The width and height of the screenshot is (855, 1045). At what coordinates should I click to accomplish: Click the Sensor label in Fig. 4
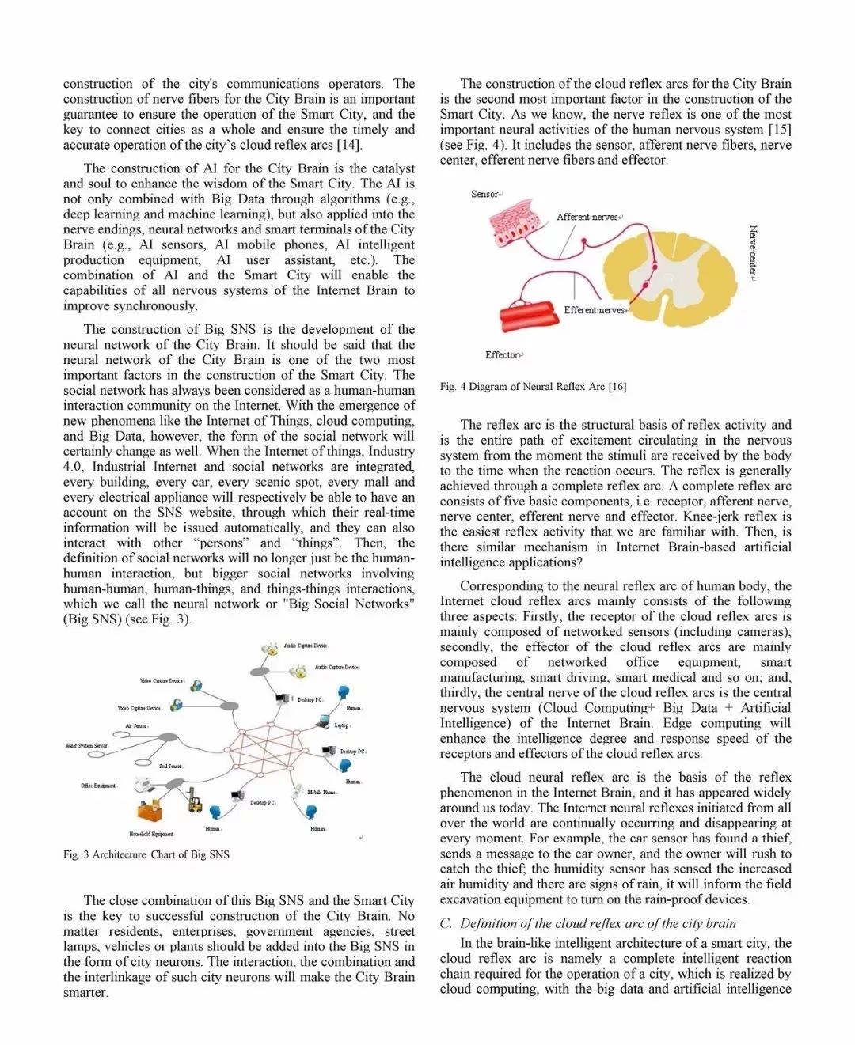[485, 194]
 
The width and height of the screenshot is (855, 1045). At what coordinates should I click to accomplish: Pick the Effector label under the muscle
[503, 355]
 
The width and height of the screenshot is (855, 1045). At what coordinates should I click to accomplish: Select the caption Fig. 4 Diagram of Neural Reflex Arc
[533, 387]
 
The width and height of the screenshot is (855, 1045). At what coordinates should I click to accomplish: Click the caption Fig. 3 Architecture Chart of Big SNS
[146, 854]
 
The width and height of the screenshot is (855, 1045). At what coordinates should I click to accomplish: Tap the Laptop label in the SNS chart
[341, 725]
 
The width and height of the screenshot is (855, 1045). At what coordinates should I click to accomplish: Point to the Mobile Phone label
[321, 792]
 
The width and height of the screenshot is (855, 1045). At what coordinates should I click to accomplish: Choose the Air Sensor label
[136, 725]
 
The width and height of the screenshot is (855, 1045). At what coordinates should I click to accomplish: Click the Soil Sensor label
[170, 766]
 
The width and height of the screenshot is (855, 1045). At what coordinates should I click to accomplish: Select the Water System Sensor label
[87, 745]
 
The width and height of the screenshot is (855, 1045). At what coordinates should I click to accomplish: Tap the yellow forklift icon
[195, 802]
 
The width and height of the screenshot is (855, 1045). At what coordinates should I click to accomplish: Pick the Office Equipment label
[98, 786]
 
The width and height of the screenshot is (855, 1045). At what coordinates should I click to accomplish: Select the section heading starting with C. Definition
[587, 923]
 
